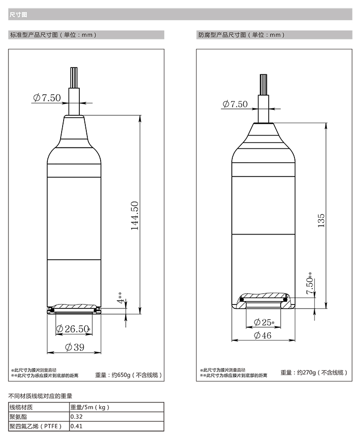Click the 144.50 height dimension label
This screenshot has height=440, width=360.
click(x=135, y=215)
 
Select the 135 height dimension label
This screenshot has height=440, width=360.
click(x=321, y=221)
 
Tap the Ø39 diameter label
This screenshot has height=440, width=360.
click(x=74, y=347)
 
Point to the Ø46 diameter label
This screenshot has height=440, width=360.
click(x=262, y=336)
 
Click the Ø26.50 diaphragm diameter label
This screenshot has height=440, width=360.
click(x=73, y=329)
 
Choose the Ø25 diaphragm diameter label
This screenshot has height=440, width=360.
click(x=264, y=322)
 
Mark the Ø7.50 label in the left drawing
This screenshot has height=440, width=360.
click(x=47, y=98)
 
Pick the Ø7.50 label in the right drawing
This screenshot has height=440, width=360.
click(x=235, y=104)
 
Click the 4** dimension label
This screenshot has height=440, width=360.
click(x=120, y=298)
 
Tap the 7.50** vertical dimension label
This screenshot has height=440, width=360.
click(x=310, y=283)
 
